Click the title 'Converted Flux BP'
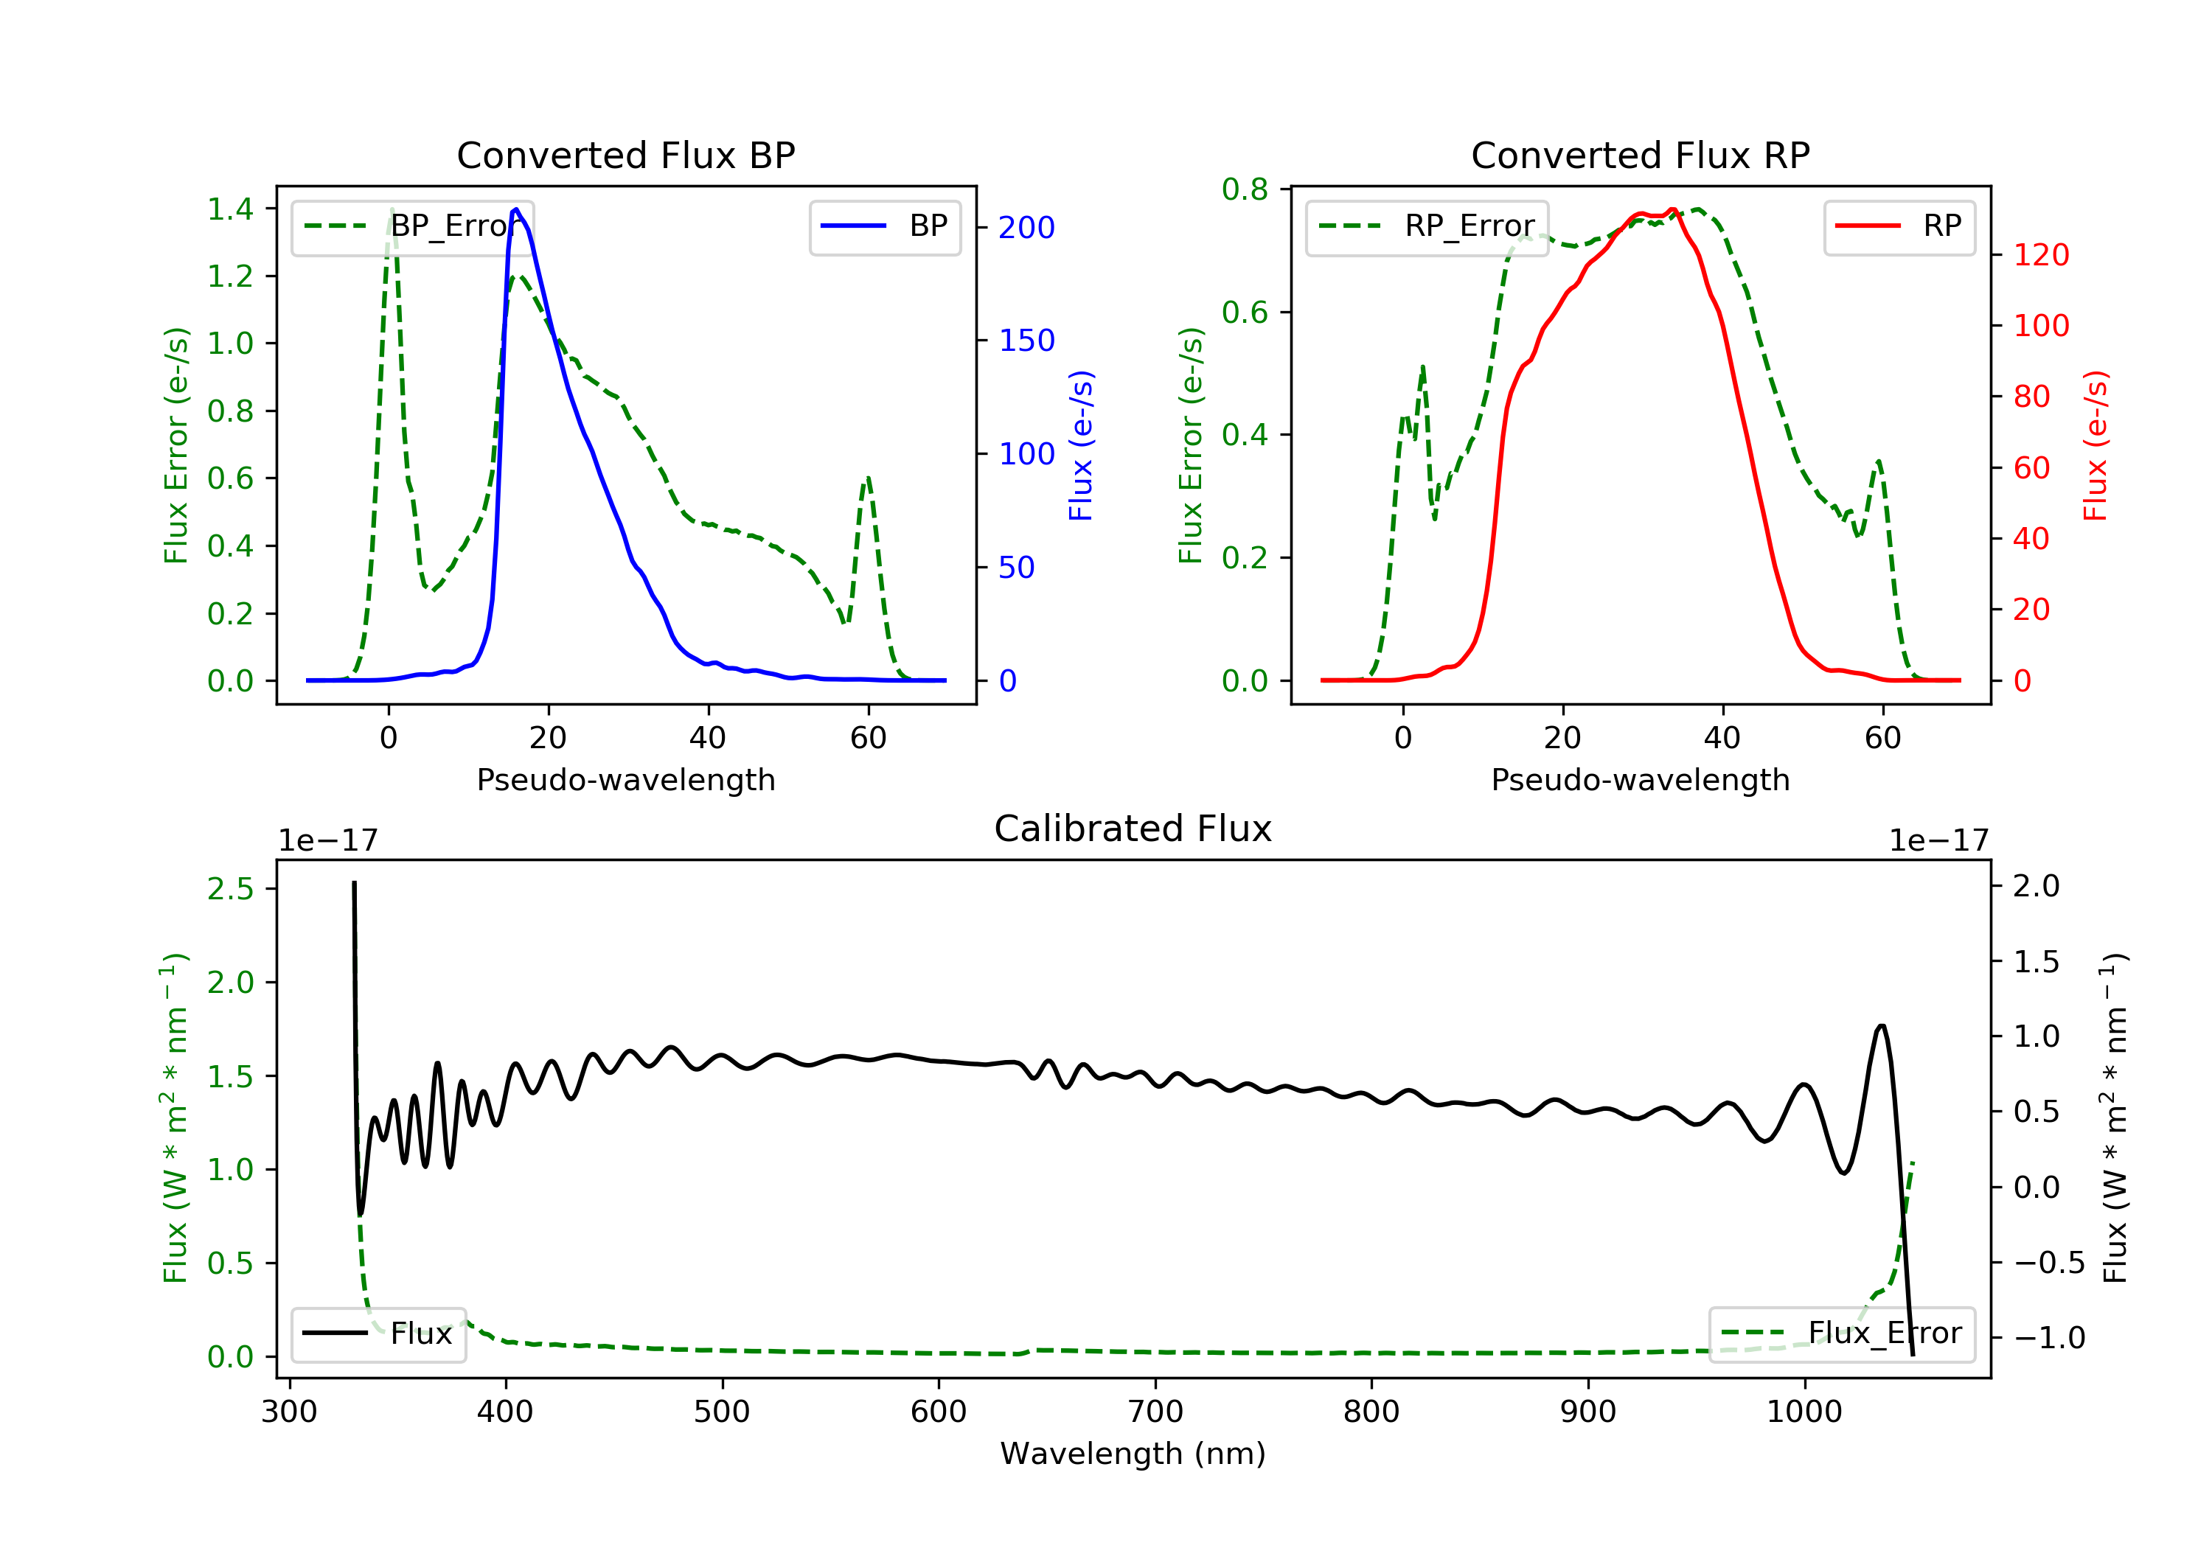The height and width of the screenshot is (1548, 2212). [625, 155]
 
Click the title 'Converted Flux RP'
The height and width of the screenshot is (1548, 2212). [1640, 155]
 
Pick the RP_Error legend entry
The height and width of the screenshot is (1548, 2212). [1427, 226]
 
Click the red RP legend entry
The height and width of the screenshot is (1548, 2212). [1899, 226]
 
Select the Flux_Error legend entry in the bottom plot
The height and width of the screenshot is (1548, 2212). [1841, 1333]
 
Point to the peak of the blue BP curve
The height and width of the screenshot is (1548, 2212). [516, 209]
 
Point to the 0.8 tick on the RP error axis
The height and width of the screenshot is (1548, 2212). [1245, 189]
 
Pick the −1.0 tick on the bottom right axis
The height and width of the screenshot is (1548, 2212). [2048, 1338]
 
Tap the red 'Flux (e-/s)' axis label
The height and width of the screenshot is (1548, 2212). [2096, 445]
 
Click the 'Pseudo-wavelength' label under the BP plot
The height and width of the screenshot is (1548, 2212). [625, 779]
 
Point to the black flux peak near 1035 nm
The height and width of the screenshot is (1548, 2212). [1882, 1026]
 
